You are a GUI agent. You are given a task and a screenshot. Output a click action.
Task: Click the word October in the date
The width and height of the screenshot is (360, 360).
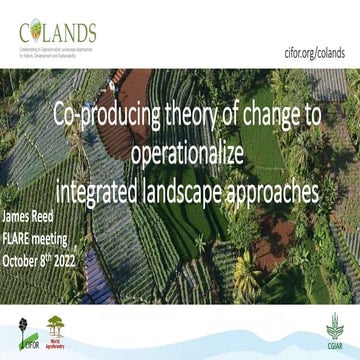[24, 260]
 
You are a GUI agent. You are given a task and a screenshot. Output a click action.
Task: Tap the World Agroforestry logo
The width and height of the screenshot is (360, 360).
[57, 328]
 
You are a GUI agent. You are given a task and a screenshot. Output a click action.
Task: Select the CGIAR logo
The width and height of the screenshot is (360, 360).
[335, 328]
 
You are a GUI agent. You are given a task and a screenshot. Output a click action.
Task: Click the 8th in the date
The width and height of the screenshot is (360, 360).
[58, 259]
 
